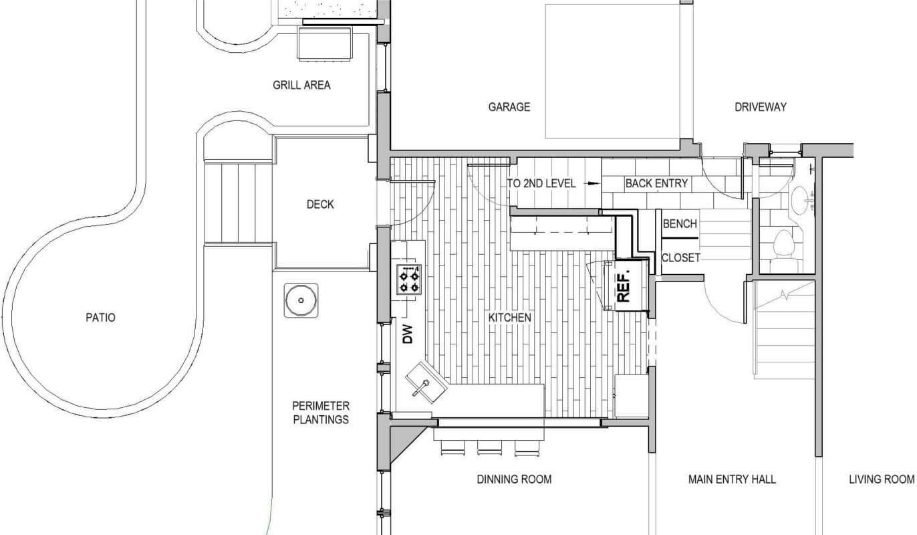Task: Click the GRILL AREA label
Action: pos(301,85)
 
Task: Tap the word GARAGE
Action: pos(509,107)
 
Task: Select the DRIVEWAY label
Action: pos(761,107)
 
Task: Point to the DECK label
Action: pos(320,205)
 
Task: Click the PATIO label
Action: pos(100,318)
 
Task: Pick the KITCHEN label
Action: pos(509,318)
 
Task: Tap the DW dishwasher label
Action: pos(408,334)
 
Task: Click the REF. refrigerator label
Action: pos(624,288)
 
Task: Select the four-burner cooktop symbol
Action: pos(409,280)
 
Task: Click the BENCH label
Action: pos(680,224)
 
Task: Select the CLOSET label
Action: pos(680,257)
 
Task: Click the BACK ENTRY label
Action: pos(656,183)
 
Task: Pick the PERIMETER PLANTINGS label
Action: pos(320,413)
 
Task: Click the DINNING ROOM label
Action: pos(514,479)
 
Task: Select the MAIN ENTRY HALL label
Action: pos(732,479)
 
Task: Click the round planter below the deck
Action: pos(301,300)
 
